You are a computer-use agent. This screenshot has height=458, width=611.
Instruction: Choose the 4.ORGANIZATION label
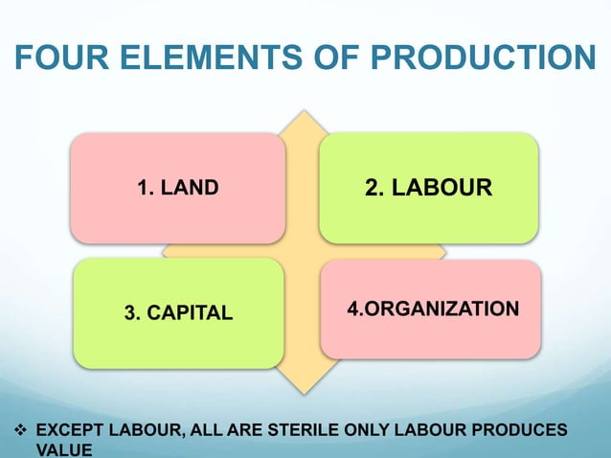[x=433, y=309]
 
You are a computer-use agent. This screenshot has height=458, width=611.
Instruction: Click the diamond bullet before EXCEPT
[x=16, y=428]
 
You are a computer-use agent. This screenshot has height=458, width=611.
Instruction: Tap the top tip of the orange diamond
[x=305, y=111]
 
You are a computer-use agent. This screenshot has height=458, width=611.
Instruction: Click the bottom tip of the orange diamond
[x=305, y=394]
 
